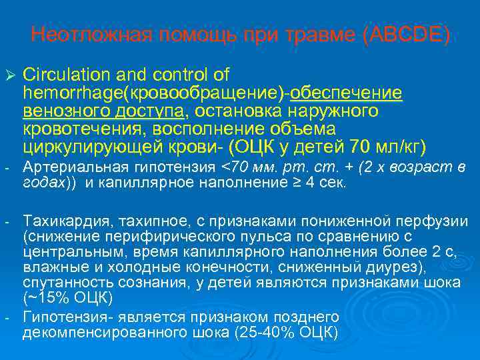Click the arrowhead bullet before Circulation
(x=9, y=73)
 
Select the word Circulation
(x=57, y=72)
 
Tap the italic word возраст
(x=427, y=167)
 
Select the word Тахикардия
(x=57, y=220)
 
